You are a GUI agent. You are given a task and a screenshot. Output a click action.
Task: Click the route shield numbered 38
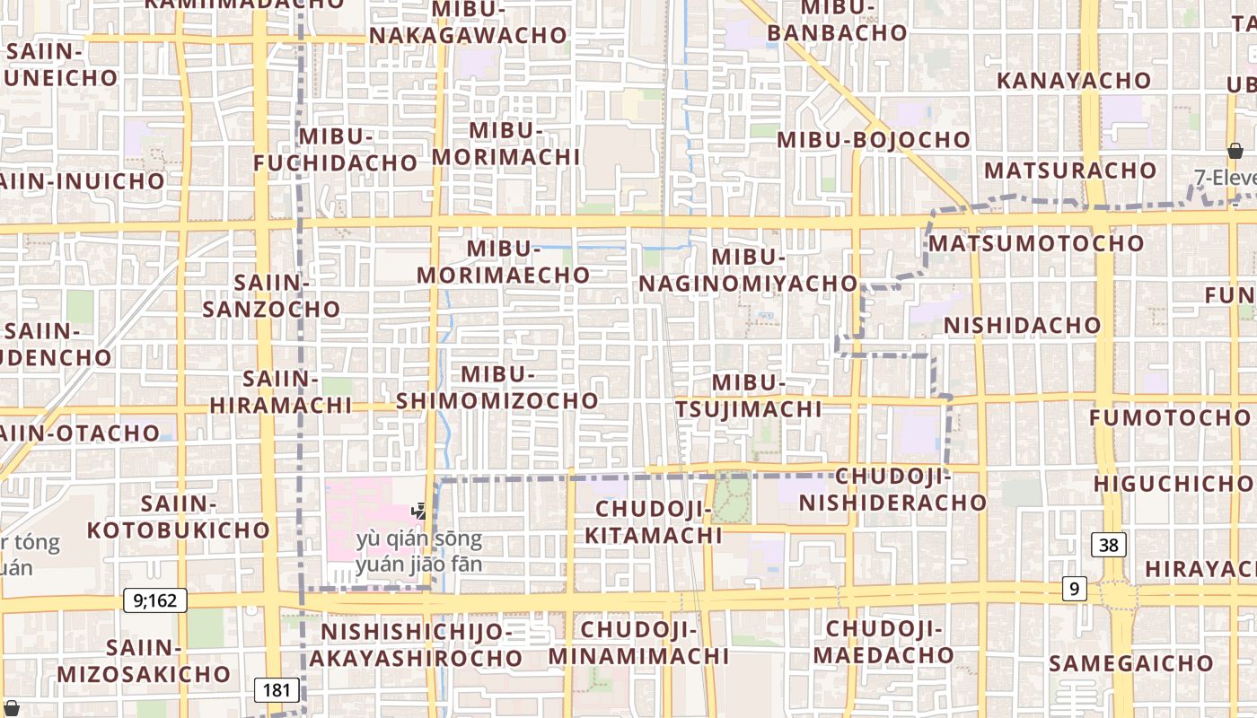(x=1110, y=544)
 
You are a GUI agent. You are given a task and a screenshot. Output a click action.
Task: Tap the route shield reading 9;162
(x=155, y=600)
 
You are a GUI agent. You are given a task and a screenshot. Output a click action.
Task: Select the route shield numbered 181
(x=277, y=690)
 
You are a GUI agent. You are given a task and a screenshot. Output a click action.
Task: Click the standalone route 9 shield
(x=1073, y=589)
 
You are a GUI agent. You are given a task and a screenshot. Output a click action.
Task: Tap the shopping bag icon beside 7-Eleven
(x=1235, y=151)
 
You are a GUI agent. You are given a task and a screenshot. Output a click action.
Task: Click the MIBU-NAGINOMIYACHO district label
(x=748, y=270)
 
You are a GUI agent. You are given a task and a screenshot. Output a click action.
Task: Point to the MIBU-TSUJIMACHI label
(x=748, y=396)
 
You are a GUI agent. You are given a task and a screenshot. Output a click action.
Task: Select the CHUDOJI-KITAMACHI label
(x=654, y=522)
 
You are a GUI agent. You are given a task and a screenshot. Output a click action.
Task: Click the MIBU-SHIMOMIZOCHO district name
(x=497, y=387)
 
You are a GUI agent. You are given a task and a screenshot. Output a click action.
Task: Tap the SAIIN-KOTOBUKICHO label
(x=179, y=517)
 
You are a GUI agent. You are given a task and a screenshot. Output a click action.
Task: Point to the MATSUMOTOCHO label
(x=1036, y=243)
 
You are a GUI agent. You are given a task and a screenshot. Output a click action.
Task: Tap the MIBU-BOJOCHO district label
(x=873, y=140)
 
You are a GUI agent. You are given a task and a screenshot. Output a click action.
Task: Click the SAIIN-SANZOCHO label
(x=271, y=296)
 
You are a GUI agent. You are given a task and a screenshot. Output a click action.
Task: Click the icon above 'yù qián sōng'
(x=418, y=512)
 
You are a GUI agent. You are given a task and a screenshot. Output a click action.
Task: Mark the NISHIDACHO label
(x=1022, y=325)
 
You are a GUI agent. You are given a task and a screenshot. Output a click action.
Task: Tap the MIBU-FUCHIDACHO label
(x=335, y=149)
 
